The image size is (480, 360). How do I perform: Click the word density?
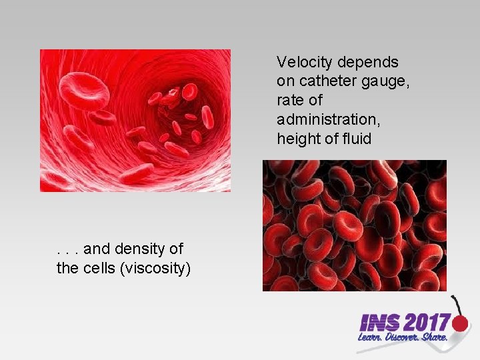click(138, 249)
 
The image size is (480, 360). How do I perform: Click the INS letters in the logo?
click(380, 324)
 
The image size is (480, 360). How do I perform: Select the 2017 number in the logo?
click(427, 324)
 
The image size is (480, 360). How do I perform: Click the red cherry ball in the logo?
click(461, 324)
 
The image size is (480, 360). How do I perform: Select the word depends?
click(368, 63)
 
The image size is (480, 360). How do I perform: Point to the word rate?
click(288, 101)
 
